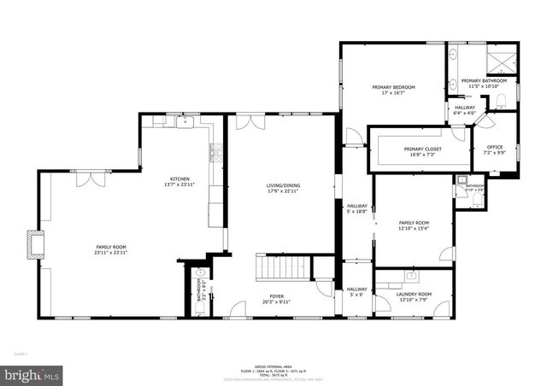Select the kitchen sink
(x=185, y=122)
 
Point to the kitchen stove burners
(x=216, y=155)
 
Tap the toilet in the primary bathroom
(x=501, y=101)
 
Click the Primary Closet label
(x=420, y=152)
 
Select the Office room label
(x=495, y=149)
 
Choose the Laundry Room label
(x=414, y=297)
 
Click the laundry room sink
(x=412, y=277)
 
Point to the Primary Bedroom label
(x=392, y=91)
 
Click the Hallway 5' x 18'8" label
(x=356, y=209)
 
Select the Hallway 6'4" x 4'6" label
(x=465, y=109)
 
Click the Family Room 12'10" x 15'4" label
(x=414, y=226)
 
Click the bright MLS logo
(x=32, y=374)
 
